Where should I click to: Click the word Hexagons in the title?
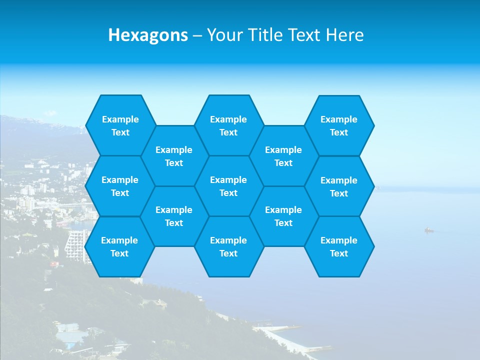pos(148,35)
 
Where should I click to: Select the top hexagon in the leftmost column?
pos(120,125)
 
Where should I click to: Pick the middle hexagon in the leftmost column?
pos(120,186)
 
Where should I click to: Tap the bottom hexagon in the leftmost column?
pos(119,246)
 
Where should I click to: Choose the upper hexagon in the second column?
pos(174,156)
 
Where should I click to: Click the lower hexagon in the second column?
pos(174,216)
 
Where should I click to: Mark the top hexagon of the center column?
pos(228,125)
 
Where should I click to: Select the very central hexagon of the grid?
pos(228,186)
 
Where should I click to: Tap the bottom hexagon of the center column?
pos(228,246)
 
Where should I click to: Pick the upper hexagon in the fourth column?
pos(283,156)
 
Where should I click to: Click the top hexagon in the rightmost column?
pos(339,125)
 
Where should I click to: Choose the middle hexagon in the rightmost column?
pos(339,186)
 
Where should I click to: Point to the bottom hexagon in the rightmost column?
pos(339,246)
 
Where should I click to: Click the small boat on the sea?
pos(428,230)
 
